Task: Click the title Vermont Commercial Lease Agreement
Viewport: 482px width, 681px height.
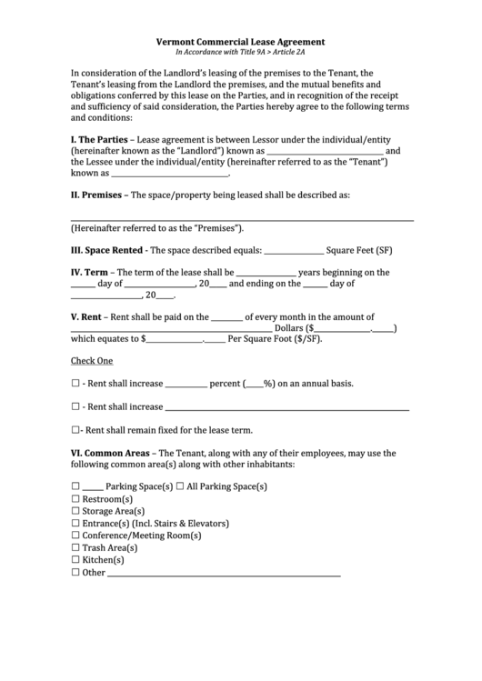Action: click(241, 42)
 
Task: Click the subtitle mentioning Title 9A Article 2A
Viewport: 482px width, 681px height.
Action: click(241, 53)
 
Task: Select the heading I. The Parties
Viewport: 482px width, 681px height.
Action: click(99, 139)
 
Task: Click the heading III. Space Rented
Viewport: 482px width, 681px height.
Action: click(106, 250)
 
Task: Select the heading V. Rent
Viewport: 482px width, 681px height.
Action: click(87, 317)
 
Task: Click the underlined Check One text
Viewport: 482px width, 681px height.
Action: click(92, 361)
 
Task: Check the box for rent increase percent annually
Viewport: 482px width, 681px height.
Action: click(75, 384)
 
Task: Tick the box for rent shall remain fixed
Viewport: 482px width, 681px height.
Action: click(75, 430)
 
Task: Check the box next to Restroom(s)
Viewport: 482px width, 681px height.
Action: click(75, 499)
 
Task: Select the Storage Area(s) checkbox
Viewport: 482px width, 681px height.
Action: click(75, 512)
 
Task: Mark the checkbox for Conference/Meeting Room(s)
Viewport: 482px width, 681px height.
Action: click(75, 536)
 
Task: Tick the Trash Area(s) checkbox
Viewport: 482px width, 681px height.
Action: click(75, 548)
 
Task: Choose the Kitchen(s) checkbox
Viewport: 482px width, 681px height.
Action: click(75, 561)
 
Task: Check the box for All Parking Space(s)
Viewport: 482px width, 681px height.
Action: click(180, 487)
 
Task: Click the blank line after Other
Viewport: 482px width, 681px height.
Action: click(224, 574)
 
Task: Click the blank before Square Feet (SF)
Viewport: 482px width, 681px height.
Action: click(293, 251)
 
